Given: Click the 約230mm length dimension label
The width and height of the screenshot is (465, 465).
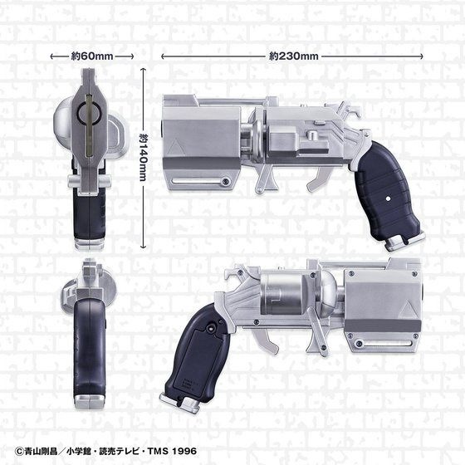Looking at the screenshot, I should tap(294, 56).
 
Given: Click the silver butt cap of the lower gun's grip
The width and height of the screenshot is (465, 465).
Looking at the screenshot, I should tap(187, 406).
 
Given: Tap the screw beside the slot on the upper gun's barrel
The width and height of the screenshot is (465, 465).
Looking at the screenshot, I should tap(225, 181).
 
